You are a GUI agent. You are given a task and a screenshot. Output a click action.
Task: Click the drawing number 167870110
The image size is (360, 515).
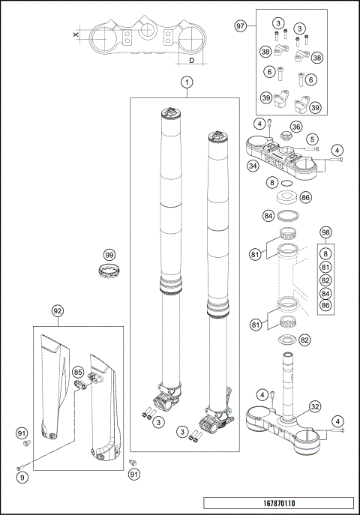point(279,504)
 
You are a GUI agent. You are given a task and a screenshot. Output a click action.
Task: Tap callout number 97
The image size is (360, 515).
point(241,26)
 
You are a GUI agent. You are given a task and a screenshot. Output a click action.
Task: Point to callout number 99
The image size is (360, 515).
point(110,256)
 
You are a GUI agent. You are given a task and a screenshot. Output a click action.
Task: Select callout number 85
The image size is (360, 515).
point(77,371)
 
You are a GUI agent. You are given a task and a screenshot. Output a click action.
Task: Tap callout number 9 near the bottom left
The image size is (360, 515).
point(22,475)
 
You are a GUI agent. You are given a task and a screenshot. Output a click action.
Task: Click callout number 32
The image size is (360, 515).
point(315,407)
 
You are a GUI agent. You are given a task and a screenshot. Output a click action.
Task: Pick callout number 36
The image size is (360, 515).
point(296,127)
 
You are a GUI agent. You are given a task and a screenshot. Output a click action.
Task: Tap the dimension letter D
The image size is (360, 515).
point(192,60)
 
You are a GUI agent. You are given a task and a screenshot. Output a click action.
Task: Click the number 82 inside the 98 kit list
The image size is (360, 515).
point(325,279)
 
